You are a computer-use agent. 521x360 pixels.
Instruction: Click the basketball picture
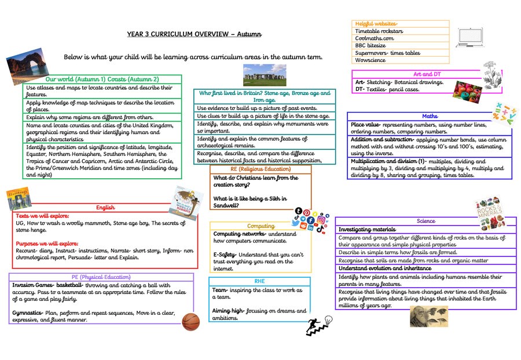coord(190,322)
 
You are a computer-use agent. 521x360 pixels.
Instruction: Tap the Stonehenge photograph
coord(265,75)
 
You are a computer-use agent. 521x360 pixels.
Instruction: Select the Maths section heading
coord(430,116)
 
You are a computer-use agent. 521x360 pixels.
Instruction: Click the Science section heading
coord(425,221)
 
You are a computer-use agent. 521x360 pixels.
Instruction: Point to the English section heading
coord(105,207)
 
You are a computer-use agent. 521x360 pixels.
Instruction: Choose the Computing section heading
coord(260,226)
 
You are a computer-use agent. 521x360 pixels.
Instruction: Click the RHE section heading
coord(259,281)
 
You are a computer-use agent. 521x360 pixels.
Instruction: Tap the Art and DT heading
coord(427,74)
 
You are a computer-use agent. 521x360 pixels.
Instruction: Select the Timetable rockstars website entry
coord(379,31)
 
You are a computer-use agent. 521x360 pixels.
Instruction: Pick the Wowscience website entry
coord(371,60)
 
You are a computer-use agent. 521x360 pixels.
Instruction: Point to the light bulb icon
coord(328,319)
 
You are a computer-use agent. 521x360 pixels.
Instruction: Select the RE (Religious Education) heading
coord(260,169)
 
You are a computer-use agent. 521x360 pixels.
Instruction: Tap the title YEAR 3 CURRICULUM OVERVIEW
coord(195,34)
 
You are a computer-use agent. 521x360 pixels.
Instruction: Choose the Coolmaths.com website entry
coord(375,38)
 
